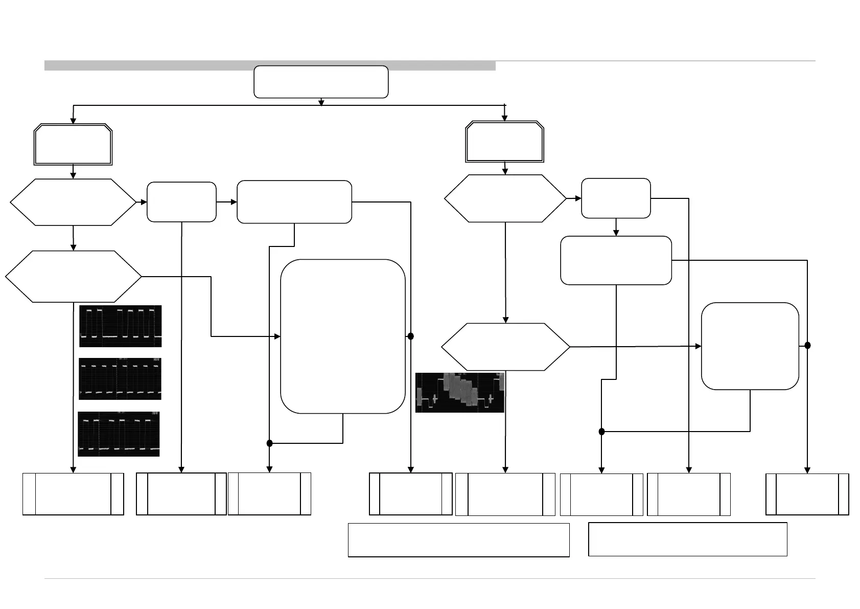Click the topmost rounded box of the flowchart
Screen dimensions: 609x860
coord(321,81)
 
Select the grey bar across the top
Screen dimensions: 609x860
coord(270,65)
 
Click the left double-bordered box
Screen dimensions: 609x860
coord(73,144)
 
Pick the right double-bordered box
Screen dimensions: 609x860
coord(504,142)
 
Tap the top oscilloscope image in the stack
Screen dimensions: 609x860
coord(121,326)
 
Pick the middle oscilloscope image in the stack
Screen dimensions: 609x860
coord(120,379)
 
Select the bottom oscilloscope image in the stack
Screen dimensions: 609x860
coord(119,434)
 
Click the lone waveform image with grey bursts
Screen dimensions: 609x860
coord(460,393)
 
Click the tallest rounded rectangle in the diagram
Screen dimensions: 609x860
coord(343,336)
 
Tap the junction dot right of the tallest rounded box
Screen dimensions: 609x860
coord(410,336)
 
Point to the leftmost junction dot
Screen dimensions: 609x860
coord(270,443)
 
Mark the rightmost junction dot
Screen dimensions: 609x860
coord(807,346)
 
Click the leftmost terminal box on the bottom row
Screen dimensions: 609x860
coord(73,494)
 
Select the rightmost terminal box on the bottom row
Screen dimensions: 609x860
coord(807,494)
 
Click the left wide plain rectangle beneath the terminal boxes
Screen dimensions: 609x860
coord(458,540)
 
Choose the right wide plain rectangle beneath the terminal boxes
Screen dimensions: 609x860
coord(687,539)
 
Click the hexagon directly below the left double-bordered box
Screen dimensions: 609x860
coord(73,202)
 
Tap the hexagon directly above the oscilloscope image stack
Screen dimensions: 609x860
coord(73,277)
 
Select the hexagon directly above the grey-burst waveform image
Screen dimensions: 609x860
coord(505,347)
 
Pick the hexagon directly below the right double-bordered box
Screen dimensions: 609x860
coord(505,198)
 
